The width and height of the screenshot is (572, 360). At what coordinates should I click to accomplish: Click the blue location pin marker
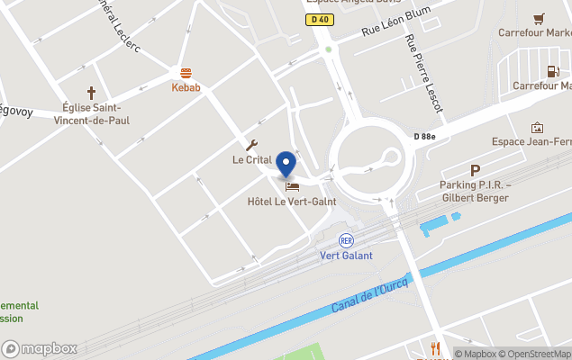coord(286,165)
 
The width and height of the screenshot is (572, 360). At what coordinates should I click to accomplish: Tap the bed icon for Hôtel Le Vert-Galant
coord(291,186)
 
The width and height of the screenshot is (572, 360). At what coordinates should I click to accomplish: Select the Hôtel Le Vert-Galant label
coord(291,202)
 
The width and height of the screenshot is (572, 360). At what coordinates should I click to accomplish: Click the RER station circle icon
coord(346,240)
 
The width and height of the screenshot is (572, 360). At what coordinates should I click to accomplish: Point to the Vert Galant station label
coord(346,255)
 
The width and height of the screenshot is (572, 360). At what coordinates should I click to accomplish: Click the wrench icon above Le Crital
coord(251,146)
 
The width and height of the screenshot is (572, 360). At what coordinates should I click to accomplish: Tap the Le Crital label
coord(251,160)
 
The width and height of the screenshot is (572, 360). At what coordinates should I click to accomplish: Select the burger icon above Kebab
coord(186,73)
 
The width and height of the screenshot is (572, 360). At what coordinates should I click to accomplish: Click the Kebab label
coord(186,87)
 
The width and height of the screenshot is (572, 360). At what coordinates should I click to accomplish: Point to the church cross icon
coord(91,92)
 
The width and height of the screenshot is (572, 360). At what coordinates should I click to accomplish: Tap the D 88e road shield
coord(424,136)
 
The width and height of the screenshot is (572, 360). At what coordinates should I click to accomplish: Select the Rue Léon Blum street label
coord(395,22)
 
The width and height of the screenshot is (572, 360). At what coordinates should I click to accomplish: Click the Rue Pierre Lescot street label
coord(424,74)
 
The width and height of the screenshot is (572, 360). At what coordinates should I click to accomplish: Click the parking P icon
coord(475,170)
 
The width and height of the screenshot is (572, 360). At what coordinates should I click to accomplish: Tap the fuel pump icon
coord(553,70)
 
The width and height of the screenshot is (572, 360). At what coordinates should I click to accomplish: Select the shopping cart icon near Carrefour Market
coord(539,18)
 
